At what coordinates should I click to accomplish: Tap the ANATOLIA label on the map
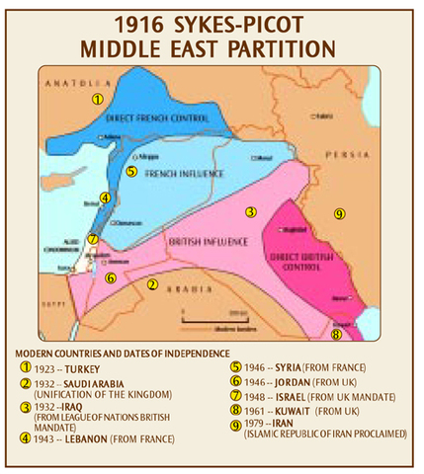click(66, 76)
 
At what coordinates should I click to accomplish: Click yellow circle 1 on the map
click(97, 99)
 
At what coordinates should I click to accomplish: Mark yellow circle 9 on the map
click(339, 213)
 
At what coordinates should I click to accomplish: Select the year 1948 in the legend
click(252, 399)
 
